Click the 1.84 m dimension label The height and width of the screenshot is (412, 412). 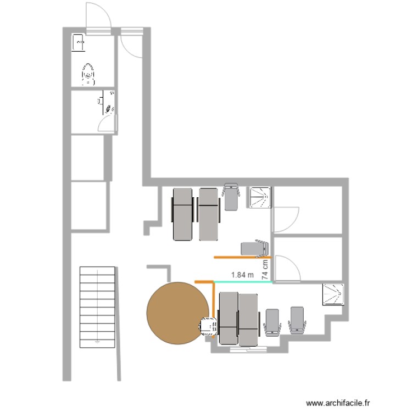[x=242, y=274]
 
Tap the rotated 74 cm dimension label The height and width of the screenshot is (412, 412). [x=265, y=270]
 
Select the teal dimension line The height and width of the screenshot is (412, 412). [x=242, y=282]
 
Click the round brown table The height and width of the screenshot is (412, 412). [x=174, y=313]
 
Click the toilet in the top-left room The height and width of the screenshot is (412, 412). [x=88, y=73]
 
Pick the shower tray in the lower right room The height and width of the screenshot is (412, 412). [x=333, y=293]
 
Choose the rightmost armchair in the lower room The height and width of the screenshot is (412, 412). [x=297, y=320]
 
